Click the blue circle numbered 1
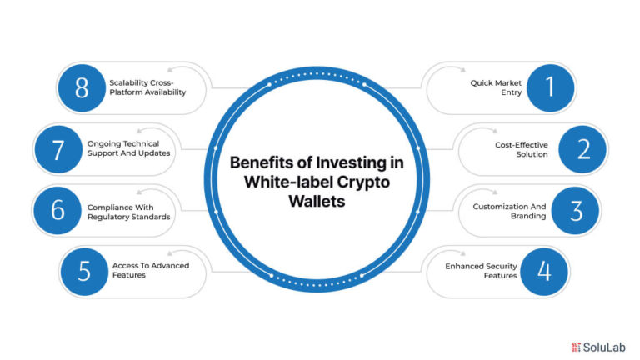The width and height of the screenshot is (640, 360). point(550,87)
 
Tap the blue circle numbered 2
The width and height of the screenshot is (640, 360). point(582,149)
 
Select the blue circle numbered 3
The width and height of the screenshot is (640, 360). point(575,211)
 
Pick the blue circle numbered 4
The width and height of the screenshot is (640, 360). point(544,272)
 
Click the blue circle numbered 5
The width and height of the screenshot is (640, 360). point(84,272)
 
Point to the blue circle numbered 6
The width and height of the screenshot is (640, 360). point(57,211)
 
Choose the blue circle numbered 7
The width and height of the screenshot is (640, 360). point(58,149)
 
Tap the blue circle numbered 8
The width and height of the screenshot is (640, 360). point(82,87)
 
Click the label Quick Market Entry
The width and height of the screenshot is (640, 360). point(496,87)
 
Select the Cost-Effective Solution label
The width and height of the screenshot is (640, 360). point(521,149)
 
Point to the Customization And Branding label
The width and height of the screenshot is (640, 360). point(509,211)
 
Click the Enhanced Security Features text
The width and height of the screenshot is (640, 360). point(481,271)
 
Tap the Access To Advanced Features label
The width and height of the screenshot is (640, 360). point(151,270)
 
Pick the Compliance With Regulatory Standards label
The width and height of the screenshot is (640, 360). point(128,212)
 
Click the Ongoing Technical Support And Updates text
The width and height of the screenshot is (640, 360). point(128,148)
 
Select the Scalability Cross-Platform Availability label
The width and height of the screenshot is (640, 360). point(147,87)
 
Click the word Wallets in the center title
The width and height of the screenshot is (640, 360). point(317,201)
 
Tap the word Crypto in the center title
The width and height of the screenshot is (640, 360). point(363,182)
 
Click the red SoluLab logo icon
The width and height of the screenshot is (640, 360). point(576,347)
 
